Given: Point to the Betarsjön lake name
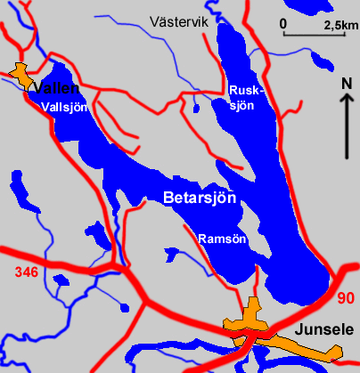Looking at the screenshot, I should (x=200, y=199).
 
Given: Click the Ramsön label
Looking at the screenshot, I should (x=222, y=239).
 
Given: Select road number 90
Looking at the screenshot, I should (x=346, y=298).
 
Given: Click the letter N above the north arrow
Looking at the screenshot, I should (x=347, y=85).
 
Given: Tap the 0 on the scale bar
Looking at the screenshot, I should (x=282, y=22).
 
